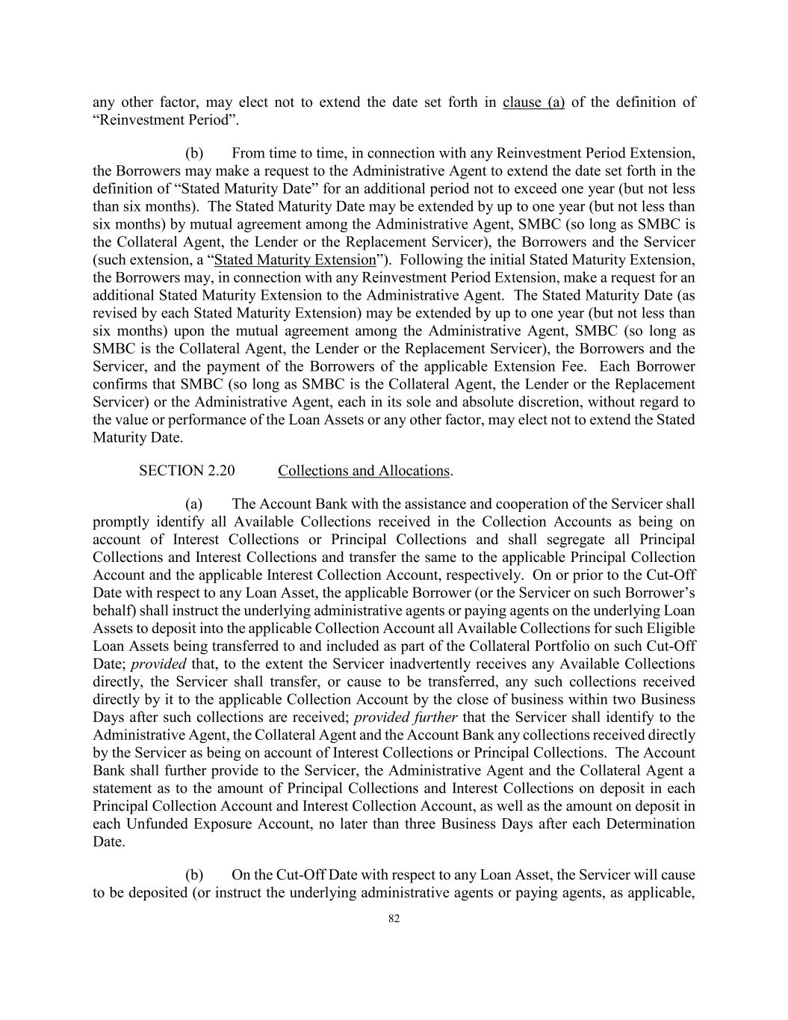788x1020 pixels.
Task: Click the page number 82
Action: click(x=394, y=919)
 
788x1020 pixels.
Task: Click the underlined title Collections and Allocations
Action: click(x=364, y=471)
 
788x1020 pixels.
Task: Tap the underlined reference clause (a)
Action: click(x=533, y=102)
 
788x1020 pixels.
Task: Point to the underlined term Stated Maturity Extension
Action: click(x=295, y=260)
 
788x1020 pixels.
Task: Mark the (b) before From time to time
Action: click(x=194, y=154)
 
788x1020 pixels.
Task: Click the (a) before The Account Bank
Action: click(x=194, y=504)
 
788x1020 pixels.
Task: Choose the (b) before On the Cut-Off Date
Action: click(x=194, y=875)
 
